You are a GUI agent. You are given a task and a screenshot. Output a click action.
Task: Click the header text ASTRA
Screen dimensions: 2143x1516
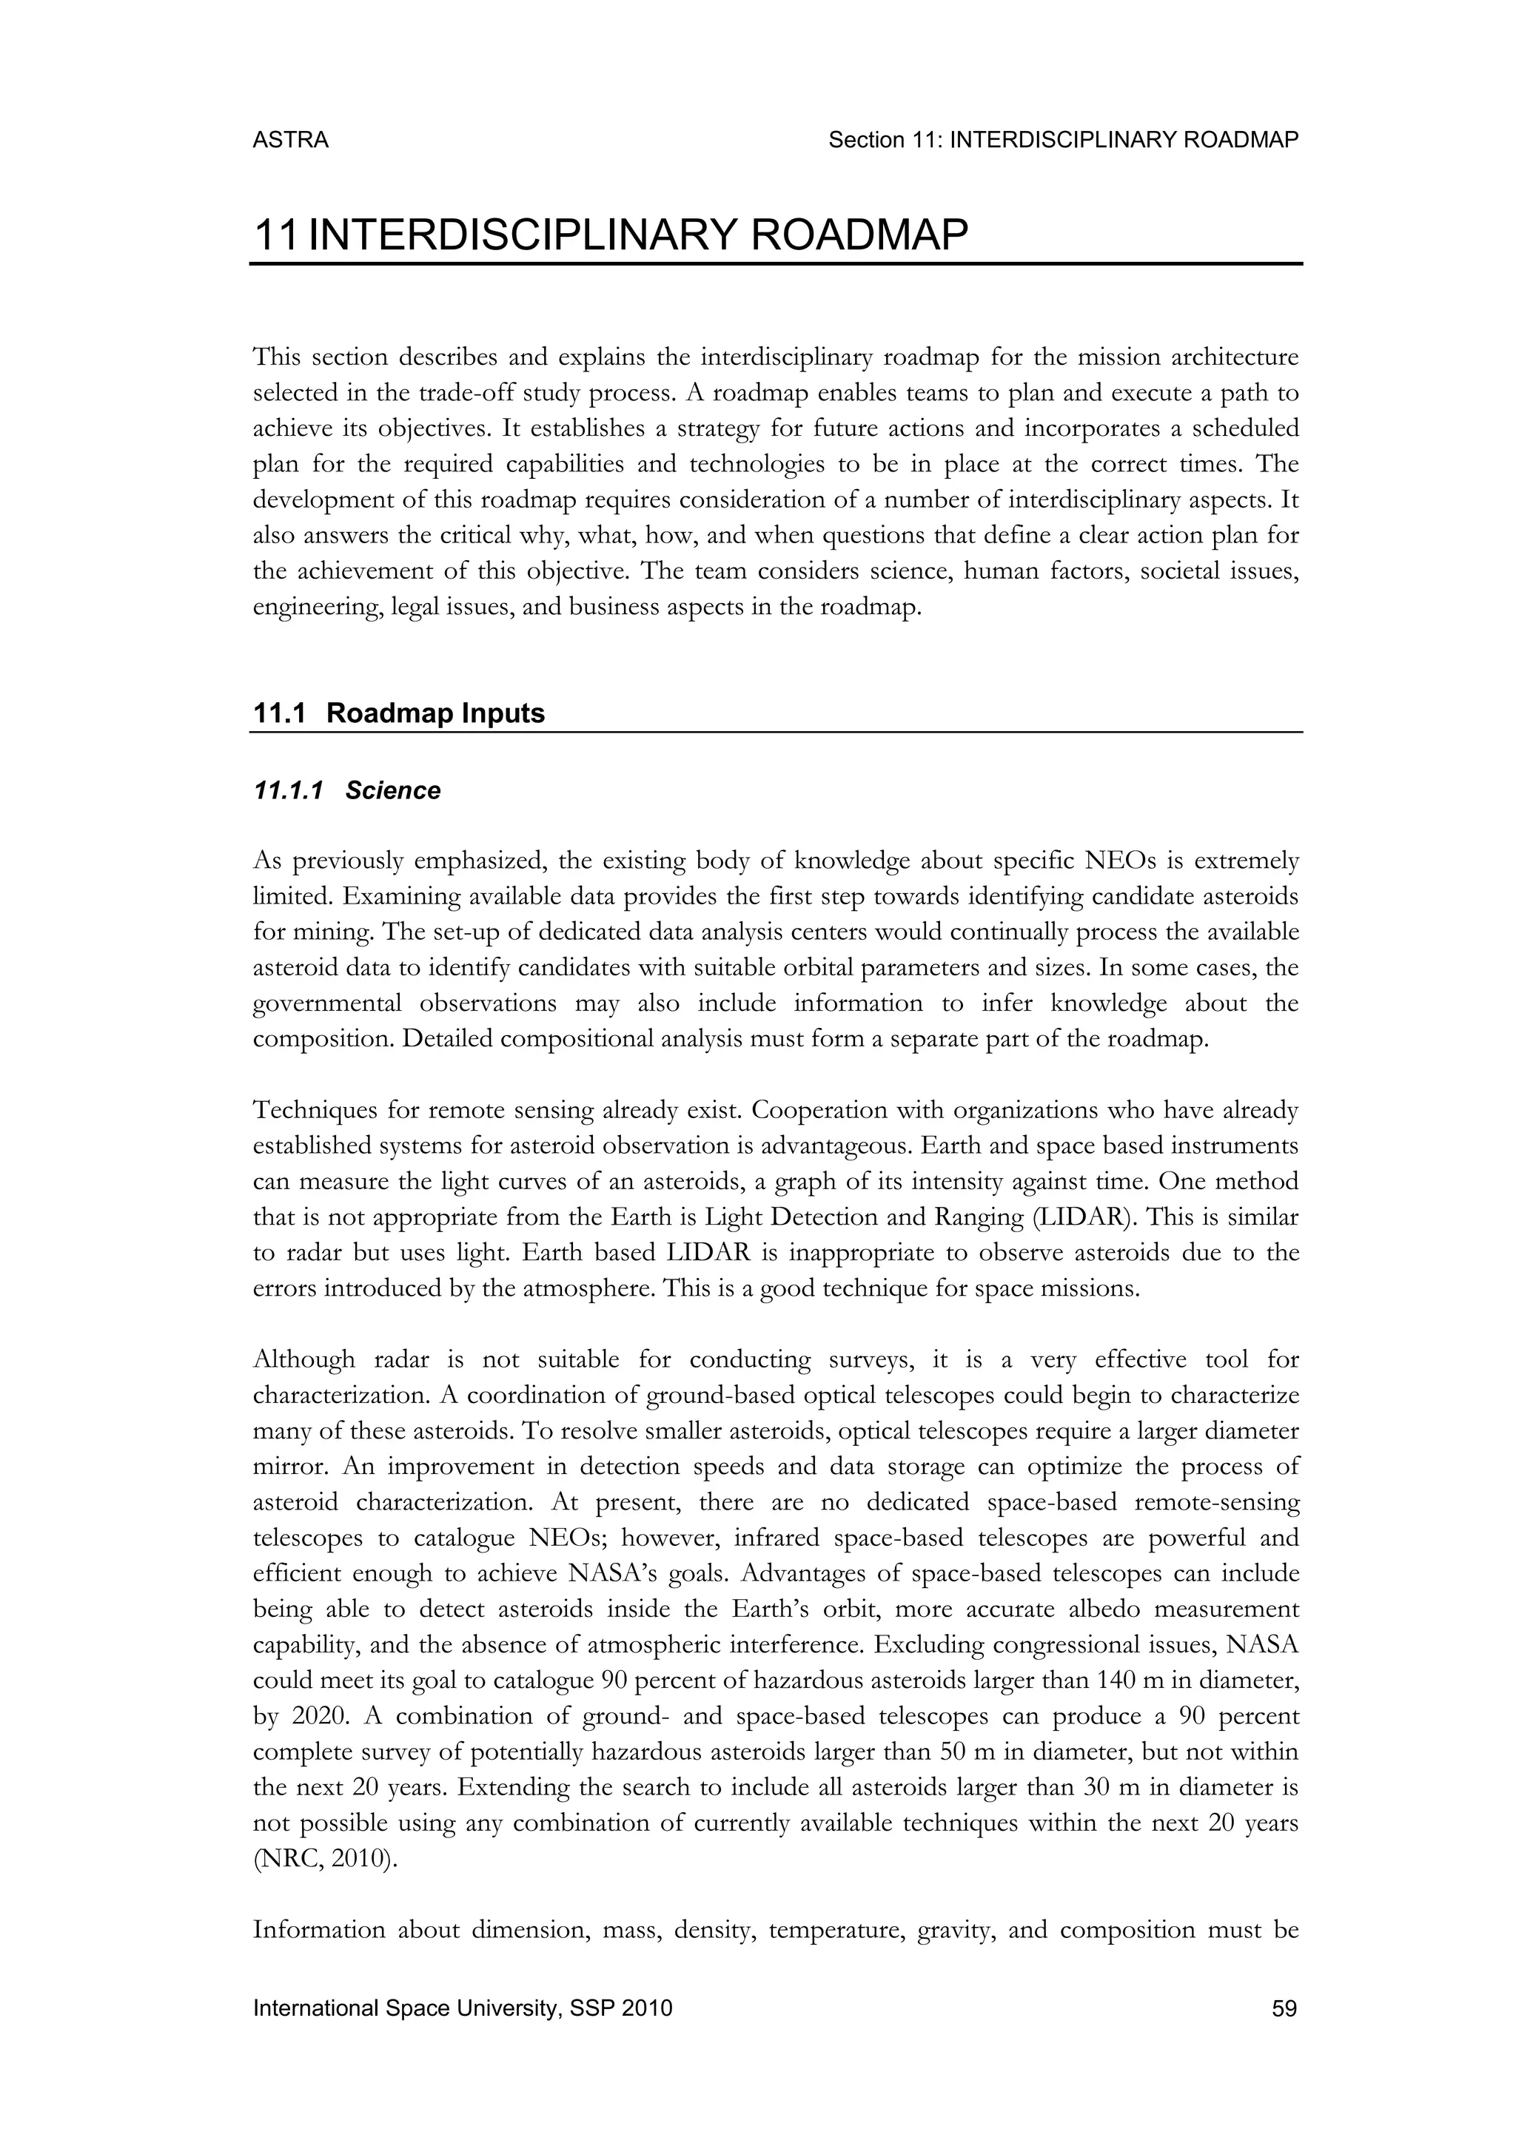pos(290,140)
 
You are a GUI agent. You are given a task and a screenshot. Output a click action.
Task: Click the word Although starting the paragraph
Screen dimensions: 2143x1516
pos(303,1359)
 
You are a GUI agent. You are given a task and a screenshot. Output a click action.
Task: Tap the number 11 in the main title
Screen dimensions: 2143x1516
pos(275,235)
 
